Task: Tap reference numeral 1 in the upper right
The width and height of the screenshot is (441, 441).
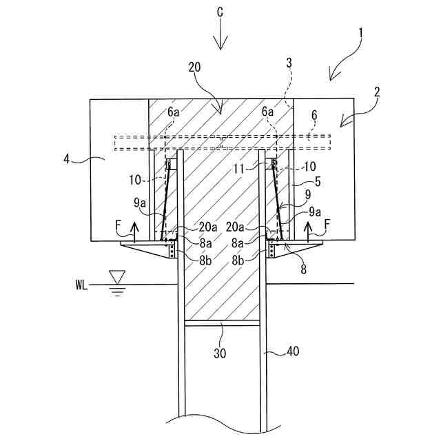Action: (361, 32)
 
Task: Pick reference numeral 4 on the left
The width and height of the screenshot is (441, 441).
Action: (67, 159)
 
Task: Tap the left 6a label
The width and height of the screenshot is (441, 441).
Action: (172, 110)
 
